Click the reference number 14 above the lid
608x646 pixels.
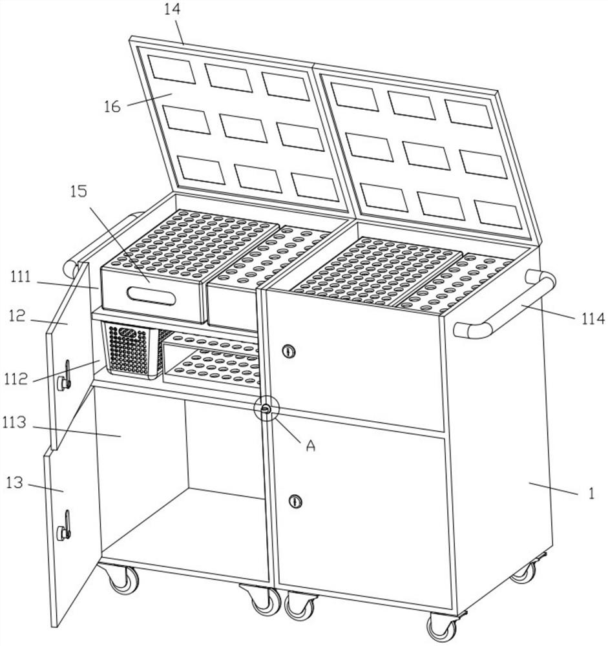click(173, 9)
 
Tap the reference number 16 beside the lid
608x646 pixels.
click(112, 107)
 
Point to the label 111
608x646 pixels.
click(21, 276)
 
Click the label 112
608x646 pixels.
click(16, 378)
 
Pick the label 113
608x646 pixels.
click(14, 422)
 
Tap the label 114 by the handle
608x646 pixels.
click(592, 318)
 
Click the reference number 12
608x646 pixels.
click(17, 316)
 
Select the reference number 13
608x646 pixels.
click(15, 482)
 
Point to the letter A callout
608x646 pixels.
click(310, 445)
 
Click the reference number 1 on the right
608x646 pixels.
click(591, 493)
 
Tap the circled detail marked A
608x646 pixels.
click(266, 408)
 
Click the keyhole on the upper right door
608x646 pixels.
click(289, 351)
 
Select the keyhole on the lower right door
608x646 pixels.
click(295, 501)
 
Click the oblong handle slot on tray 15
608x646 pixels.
click(151, 295)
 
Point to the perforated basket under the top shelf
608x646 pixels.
click(132, 349)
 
